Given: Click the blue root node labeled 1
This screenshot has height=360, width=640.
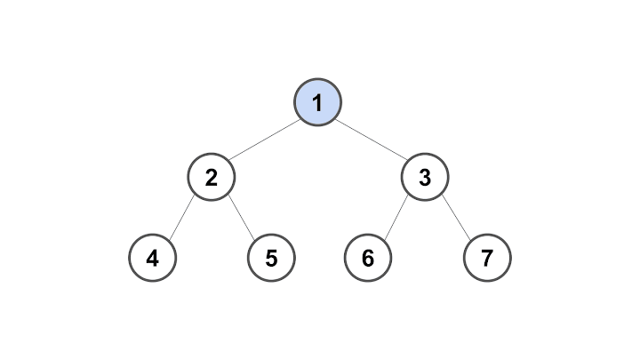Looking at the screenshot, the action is [317, 102].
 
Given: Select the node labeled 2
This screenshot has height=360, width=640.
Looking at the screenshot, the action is [212, 177].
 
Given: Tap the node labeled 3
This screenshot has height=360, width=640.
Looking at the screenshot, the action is [425, 177].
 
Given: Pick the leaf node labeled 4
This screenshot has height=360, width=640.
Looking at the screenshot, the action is [153, 258].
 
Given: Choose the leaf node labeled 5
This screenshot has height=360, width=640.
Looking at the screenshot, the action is [271, 258].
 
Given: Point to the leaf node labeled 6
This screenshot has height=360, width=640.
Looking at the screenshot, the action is [368, 258].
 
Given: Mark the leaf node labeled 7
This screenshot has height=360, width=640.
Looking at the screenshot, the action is [487, 258].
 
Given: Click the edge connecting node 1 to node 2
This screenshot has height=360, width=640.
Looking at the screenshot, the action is [265, 140].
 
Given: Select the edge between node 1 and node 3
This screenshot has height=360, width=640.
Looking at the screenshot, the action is [372, 140].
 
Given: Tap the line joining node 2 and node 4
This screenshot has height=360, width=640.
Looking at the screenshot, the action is [182, 218].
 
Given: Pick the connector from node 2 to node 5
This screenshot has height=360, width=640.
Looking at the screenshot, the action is [241, 218].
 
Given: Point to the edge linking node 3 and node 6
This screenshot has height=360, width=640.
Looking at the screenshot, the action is [396, 218].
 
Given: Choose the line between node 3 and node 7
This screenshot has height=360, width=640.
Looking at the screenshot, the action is [456, 218].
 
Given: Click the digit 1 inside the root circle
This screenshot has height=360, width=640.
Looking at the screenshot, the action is [317, 103].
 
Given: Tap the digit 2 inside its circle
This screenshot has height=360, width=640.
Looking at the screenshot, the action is [212, 178].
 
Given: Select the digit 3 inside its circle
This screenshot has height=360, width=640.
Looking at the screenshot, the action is [425, 178].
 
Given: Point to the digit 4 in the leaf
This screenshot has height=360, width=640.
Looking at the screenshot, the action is [153, 259].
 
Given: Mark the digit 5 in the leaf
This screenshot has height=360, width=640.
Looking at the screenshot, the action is [271, 259].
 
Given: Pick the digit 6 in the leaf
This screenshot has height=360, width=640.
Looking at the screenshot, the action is [368, 259].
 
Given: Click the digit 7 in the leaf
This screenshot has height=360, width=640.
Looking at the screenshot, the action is [487, 259].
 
